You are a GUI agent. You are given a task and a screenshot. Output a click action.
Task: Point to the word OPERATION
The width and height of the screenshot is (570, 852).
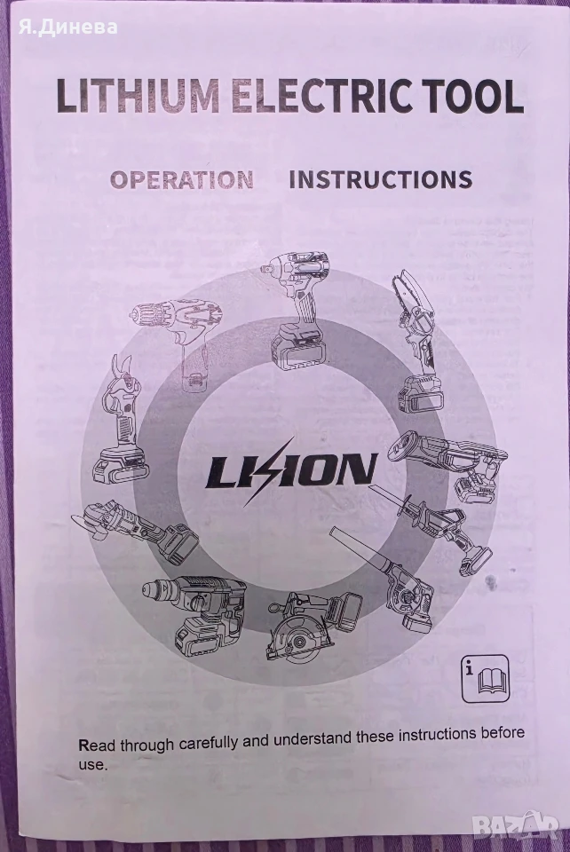(182, 180)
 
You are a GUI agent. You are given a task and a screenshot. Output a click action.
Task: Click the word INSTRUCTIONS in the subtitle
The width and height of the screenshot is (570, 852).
(380, 179)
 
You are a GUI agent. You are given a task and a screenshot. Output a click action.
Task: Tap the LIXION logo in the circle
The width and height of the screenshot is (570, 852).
(290, 470)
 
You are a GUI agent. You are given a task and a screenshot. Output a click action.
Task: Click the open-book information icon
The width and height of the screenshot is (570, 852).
(486, 678)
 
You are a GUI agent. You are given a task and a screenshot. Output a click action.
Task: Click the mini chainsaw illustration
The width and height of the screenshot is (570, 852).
(418, 343)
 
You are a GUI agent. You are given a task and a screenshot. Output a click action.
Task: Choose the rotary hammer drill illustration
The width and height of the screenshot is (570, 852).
(195, 611)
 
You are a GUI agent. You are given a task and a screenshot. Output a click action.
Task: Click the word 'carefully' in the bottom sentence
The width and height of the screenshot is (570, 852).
(208, 742)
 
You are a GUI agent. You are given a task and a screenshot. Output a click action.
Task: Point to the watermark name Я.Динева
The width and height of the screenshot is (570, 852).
(67, 27)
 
